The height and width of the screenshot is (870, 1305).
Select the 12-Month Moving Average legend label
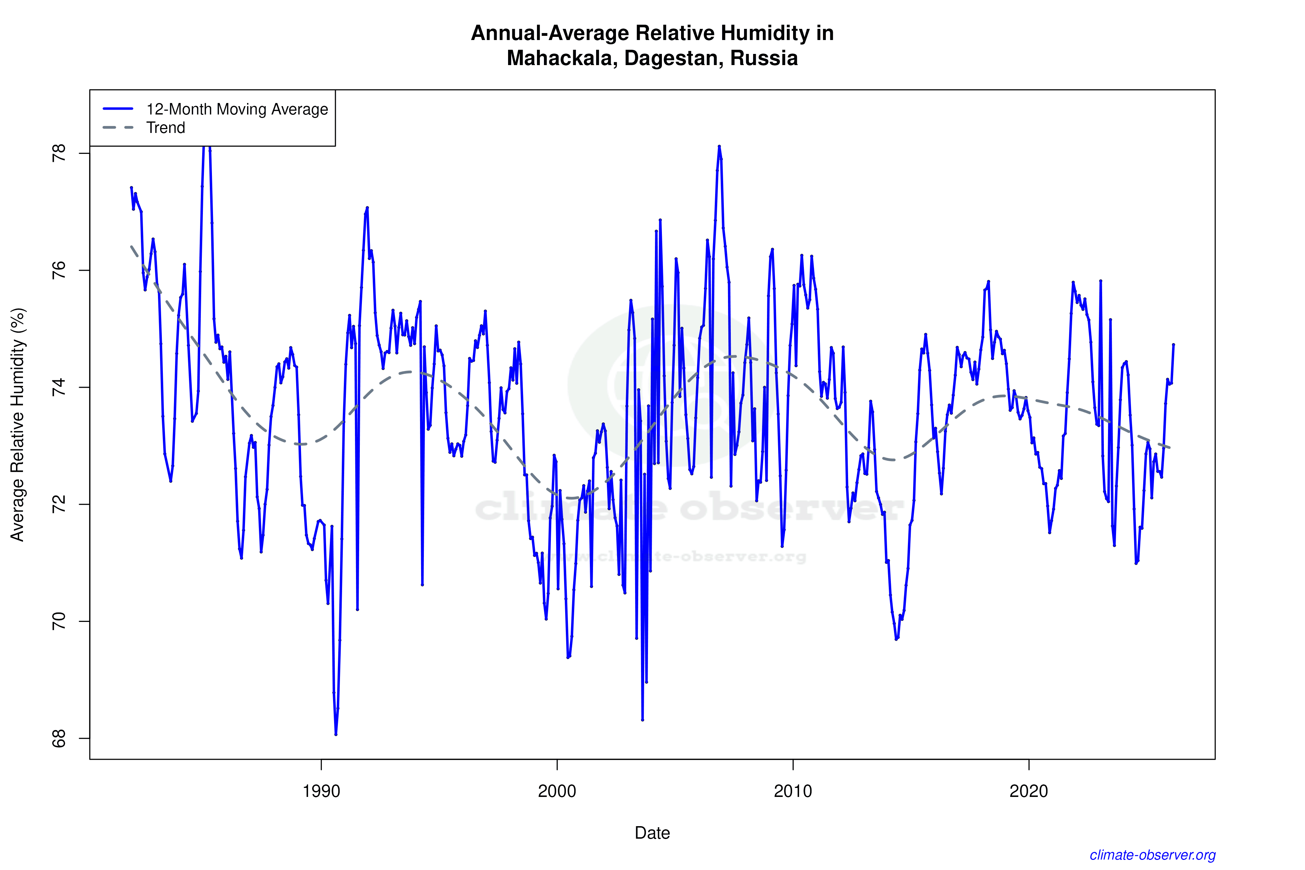pyautogui.click(x=237, y=109)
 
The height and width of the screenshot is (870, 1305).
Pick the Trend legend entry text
pyautogui.click(x=165, y=128)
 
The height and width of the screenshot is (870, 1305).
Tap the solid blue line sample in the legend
pyautogui.click(x=118, y=109)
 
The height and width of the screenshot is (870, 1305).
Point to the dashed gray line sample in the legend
pyautogui.click(x=118, y=128)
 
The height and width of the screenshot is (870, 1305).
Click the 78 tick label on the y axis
pyautogui.click(x=58, y=153)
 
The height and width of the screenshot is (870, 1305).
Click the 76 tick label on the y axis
pyautogui.click(x=58, y=270)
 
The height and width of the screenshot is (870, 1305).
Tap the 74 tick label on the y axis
pyautogui.click(x=58, y=387)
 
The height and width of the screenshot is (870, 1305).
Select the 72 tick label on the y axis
pyautogui.click(x=58, y=504)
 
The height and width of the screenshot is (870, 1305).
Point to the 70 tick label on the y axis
pyautogui.click(x=58, y=622)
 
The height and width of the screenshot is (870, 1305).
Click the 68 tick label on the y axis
pyautogui.click(x=58, y=738)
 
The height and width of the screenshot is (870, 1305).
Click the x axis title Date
pyautogui.click(x=652, y=833)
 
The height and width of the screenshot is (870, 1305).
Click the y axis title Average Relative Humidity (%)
pyautogui.click(x=18, y=425)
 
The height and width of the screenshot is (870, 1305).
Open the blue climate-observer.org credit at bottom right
pyautogui.click(x=1153, y=855)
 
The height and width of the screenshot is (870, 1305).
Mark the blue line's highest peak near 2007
pyautogui.click(x=719, y=147)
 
